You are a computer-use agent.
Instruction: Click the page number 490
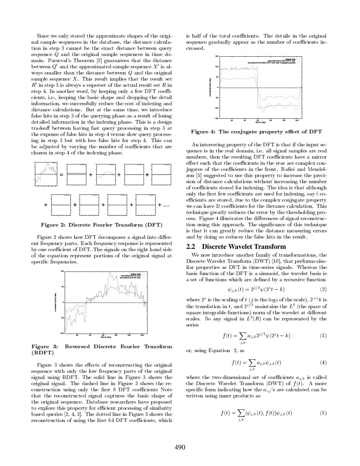click(180, 447)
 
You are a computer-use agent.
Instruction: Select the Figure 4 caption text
click(256, 132)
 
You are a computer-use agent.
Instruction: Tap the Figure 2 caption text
click(102, 225)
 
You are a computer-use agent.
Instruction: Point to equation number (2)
click(323, 289)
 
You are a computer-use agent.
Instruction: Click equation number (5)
click(323, 413)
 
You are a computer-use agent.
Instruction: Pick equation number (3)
click(323, 336)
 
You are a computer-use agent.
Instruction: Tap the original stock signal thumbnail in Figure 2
click(46, 174)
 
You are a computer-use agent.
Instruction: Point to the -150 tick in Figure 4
click(216, 118)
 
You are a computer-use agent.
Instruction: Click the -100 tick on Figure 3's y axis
click(61, 333)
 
